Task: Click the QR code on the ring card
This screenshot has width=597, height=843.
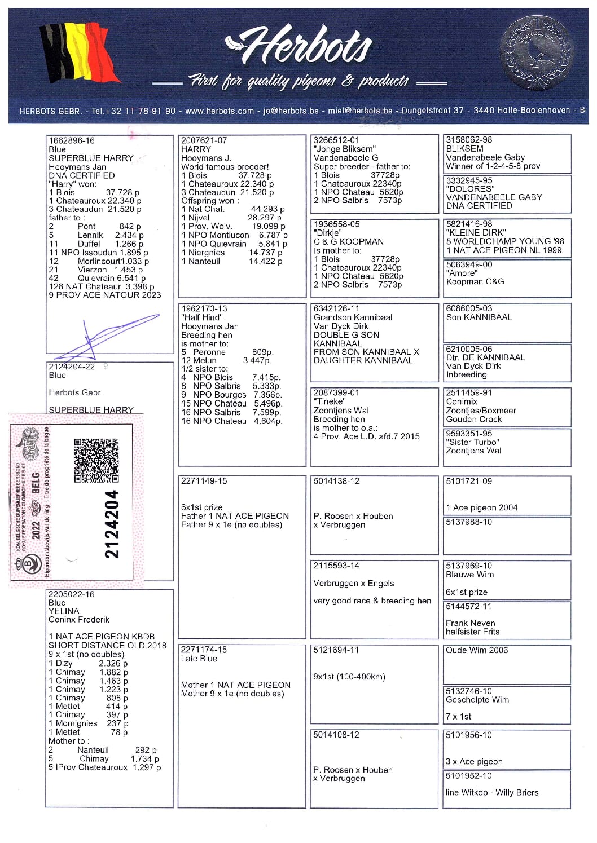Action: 96,460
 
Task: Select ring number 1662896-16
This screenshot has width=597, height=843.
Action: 72,140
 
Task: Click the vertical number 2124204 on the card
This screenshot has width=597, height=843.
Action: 112,524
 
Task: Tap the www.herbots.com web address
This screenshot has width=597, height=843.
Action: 220,111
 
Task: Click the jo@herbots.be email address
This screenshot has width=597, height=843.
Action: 291,111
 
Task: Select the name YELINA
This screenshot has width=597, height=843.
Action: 64,611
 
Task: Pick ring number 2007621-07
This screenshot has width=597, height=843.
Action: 204,140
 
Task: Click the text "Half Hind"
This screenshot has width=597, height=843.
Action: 202,317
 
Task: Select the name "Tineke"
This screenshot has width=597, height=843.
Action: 330,401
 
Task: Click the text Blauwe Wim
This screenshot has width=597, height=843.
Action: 469,575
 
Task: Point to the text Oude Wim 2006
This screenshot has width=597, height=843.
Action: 477,650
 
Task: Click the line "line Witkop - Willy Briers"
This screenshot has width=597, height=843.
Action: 492,792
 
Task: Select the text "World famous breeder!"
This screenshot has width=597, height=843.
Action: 225,167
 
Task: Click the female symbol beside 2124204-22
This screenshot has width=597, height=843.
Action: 106,367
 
